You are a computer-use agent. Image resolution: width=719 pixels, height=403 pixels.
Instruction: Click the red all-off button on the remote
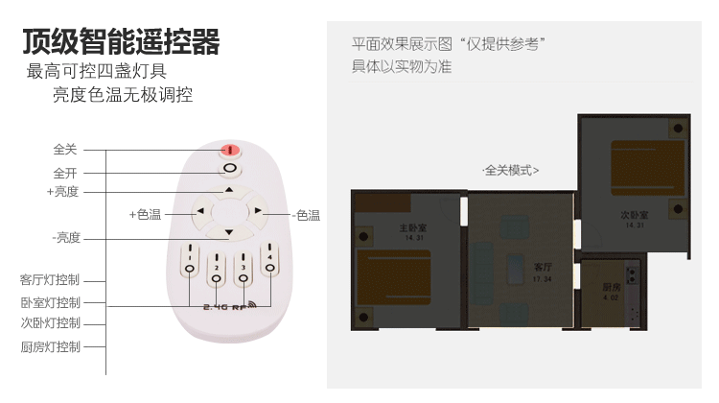point(230,150)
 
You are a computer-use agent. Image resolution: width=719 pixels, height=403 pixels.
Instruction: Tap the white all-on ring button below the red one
point(230,170)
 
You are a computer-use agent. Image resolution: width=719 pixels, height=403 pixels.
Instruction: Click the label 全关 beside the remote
point(65,151)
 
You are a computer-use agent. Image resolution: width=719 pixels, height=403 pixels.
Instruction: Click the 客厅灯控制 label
point(50,280)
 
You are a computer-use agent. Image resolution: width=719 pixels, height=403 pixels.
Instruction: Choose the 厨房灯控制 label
point(50,346)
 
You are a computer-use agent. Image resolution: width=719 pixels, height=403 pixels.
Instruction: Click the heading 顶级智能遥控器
point(121,42)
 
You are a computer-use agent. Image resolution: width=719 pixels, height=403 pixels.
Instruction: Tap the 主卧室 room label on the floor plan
point(389,229)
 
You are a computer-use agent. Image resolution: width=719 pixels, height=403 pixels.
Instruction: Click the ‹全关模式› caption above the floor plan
point(511,171)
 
